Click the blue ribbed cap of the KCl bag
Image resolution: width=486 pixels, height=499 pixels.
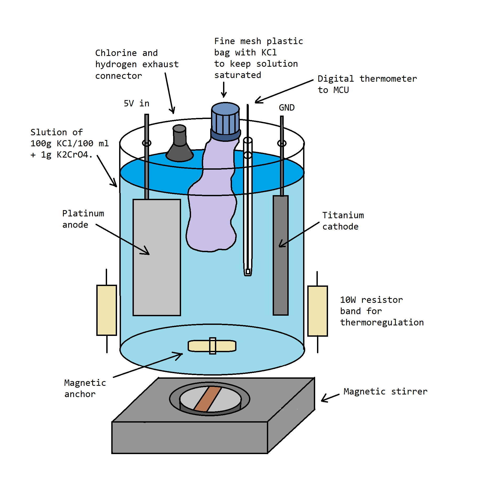tap(225, 119)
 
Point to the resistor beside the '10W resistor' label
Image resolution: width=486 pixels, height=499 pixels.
tap(318, 311)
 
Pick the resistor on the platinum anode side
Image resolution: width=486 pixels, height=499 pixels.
tap(107, 310)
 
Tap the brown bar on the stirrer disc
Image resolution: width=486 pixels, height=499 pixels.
tap(208, 398)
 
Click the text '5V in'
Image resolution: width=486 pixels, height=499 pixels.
tap(136, 103)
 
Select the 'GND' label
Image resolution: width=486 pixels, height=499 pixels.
tap(287, 108)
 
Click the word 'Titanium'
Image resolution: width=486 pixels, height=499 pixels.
tap(343, 215)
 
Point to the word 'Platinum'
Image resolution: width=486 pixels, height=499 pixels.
tap(83, 214)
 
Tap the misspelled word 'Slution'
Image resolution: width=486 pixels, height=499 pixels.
tap(49, 132)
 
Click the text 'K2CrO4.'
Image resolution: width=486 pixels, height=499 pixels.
tap(75, 155)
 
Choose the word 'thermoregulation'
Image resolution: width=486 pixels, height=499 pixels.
tap(382, 323)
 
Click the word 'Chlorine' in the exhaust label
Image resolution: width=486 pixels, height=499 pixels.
tap(116, 53)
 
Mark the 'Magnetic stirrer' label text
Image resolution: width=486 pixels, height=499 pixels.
tap(385, 392)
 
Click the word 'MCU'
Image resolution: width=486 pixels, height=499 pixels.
tap(341, 90)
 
